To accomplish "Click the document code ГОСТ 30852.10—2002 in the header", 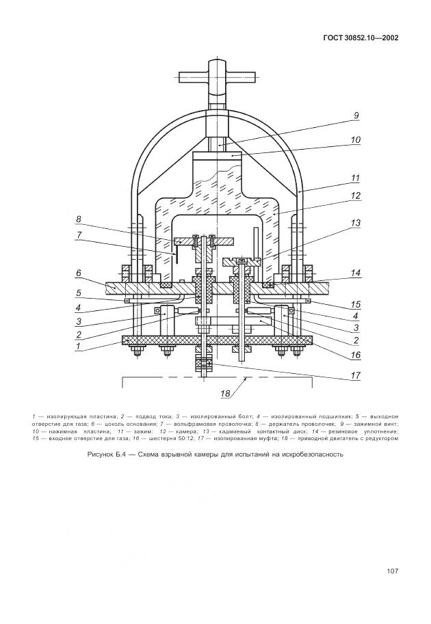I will pos(360,38).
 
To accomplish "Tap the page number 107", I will pos(392,571).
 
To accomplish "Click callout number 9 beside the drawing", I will pos(356,116).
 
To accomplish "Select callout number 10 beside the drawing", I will pos(356,140).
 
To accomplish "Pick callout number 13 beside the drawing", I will pos(356,223).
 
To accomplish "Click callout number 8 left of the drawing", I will pos(79,219).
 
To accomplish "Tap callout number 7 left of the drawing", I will pos(79,234).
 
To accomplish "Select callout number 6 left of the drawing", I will pos(79,273).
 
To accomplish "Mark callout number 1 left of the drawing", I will pos(79,347).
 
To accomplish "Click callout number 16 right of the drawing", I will pos(356,355).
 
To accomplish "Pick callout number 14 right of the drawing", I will pos(356,272).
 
